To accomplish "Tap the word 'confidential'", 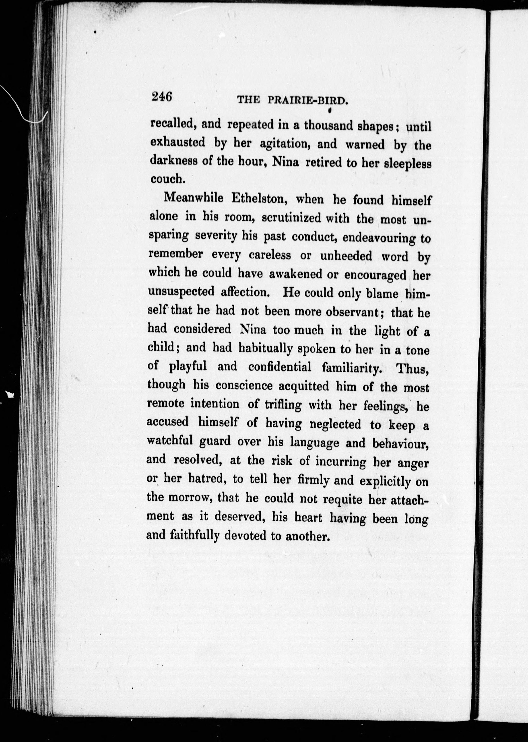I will coord(280,367).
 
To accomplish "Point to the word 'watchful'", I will coord(168,441).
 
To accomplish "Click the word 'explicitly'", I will coord(385,481).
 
